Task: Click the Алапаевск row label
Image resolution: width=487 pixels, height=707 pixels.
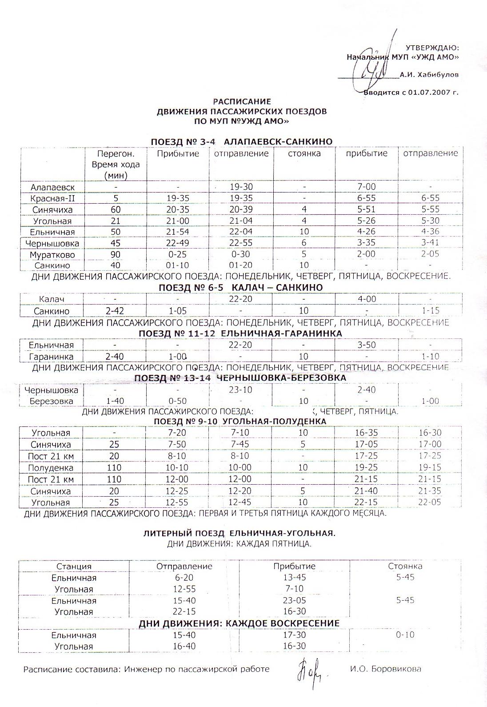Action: coord(52,187)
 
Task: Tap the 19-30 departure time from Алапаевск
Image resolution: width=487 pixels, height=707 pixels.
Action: coord(241,187)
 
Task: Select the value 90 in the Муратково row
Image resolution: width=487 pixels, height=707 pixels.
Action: coord(115,255)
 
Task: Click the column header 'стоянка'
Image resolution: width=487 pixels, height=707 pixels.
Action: coord(304,154)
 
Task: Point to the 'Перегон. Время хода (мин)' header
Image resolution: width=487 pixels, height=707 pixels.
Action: coord(116,164)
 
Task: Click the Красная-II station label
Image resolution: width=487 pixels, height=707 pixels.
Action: coord(52,198)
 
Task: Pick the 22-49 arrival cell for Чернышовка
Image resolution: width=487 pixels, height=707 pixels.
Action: coord(177,243)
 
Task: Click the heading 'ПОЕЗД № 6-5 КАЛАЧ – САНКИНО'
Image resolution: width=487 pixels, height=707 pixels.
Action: coord(240,288)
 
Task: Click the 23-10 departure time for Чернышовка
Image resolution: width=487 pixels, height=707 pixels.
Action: coord(240,390)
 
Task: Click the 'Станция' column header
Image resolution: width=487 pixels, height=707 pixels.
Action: coord(74,566)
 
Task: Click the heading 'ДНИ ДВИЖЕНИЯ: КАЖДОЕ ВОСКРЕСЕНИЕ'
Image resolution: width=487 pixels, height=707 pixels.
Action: coord(239,623)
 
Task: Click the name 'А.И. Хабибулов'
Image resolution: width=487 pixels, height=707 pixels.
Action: coord(429,75)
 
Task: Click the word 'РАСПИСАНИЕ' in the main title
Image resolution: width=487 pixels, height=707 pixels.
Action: coord(242,101)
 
